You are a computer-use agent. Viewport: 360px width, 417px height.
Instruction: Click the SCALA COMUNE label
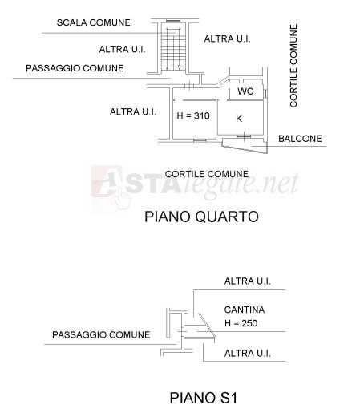tap(94, 22)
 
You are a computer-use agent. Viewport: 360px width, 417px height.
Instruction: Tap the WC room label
tap(245, 91)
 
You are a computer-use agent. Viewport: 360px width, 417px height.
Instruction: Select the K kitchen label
tap(239, 119)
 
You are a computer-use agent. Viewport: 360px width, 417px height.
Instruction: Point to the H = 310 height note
tap(193, 115)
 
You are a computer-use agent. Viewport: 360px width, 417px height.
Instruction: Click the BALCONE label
tap(300, 139)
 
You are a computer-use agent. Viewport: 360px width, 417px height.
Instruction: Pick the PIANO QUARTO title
tap(201, 217)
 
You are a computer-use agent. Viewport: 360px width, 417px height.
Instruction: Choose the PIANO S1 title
tap(204, 398)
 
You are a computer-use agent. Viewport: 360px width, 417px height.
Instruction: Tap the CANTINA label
tap(245, 310)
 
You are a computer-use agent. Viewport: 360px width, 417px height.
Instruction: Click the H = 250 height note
tap(241, 323)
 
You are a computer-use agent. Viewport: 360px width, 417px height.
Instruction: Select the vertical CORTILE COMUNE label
tap(293, 66)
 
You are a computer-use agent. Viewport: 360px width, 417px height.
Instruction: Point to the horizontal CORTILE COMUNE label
tap(207, 174)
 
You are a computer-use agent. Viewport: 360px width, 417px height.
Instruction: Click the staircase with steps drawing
tap(173, 49)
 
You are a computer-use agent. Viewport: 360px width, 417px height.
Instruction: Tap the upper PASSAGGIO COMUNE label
tap(75, 68)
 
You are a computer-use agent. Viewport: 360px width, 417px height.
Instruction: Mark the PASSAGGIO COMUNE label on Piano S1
tap(101, 334)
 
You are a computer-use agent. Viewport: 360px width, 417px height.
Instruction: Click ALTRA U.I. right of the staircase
tap(227, 39)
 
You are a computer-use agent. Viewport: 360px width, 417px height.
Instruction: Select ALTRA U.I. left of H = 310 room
tap(133, 111)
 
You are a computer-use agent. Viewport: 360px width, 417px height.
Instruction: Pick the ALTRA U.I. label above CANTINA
tap(248, 281)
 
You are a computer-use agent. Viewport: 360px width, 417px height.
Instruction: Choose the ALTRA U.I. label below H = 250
tap(248, 354)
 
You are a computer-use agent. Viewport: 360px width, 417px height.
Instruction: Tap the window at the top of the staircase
tap(173, 21)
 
